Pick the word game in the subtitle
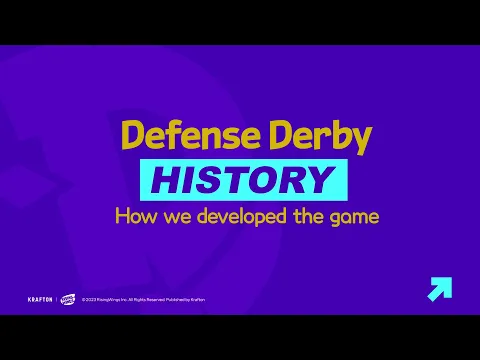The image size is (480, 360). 353,216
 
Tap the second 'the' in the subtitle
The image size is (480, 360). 306,215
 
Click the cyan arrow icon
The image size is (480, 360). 438,289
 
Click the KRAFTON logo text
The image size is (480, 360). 39,298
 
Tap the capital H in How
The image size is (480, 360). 122,215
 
